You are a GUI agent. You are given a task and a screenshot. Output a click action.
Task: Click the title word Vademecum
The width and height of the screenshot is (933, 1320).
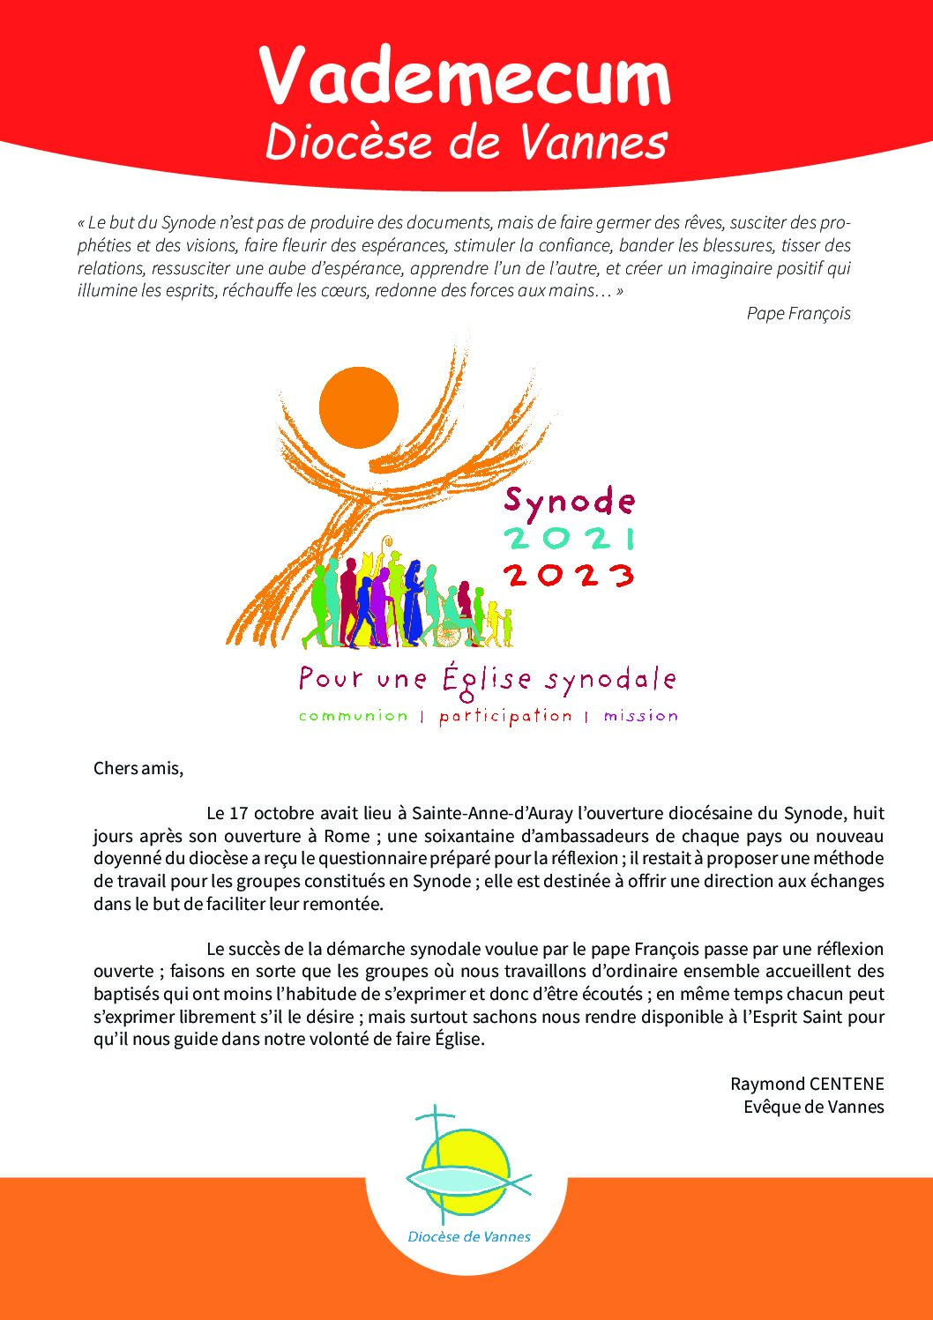[x=466, y=78]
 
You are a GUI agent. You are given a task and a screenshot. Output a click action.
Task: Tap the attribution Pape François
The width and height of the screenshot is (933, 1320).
[x=798, y=313]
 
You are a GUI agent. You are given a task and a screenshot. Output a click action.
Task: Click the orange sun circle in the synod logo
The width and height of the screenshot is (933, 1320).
[x=358, y=407]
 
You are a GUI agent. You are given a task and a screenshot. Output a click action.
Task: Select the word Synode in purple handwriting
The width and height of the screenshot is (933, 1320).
[x=569, y=502]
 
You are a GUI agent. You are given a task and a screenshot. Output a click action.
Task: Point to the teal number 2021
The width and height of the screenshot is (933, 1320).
[x=569, y=538]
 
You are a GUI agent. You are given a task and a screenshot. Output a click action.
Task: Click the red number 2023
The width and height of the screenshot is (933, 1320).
[x=569, y=575]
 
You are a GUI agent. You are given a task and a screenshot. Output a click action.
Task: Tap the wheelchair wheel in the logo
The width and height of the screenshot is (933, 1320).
[x=452, y=632]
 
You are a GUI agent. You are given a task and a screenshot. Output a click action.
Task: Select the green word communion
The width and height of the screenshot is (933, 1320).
[x=354, y=716]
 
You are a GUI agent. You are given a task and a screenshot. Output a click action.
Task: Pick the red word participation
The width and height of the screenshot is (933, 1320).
[x=505, y=716]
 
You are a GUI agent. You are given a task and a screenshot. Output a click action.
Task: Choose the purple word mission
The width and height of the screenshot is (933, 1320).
[x=641, y=716]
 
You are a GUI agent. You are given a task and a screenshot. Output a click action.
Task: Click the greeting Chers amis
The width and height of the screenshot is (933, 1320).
[x=138, y=768]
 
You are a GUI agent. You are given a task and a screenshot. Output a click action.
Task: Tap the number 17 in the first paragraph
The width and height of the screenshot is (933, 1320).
[x=238, y=813]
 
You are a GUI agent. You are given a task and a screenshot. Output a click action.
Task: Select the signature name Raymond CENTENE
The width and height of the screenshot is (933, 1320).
[x=806, y=1084]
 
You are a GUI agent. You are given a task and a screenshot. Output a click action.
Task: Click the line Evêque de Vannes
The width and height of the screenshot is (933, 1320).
[x=813, y=1107]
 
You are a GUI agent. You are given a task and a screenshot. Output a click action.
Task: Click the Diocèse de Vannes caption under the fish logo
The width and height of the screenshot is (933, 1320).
[x=469, y=1236]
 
